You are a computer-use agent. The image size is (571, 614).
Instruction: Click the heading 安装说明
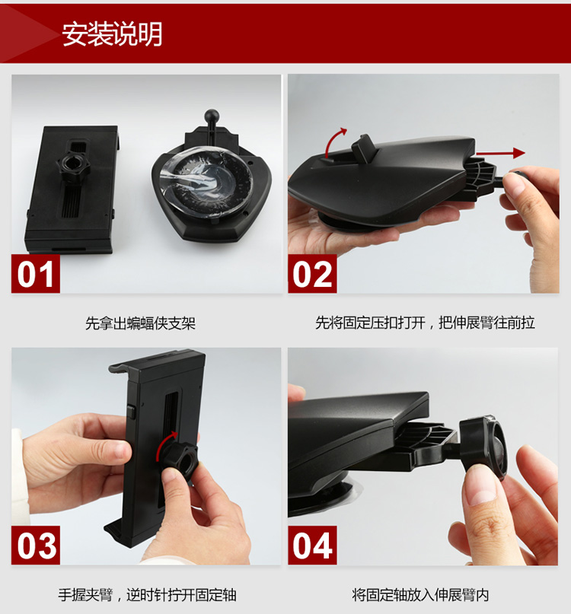click(112, 34)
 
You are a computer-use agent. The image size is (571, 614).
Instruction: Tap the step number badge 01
click(35, 274)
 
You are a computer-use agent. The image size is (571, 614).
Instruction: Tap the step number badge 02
click(312, 274)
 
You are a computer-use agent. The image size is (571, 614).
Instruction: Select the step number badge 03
click(35, 545)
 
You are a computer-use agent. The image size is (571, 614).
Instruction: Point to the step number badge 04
click(312, 545)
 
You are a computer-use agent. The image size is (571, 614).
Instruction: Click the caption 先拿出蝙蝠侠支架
click(140, 323)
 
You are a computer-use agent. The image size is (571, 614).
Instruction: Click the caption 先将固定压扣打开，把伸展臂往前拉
click(426, 323)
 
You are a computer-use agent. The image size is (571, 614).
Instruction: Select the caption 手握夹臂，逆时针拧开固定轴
click(148, 595)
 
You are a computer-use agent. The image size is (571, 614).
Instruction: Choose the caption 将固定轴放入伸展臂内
click(420, 595)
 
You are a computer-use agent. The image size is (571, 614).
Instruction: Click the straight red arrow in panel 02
click(500, 153)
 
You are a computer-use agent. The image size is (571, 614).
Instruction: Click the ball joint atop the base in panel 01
click(212, 116)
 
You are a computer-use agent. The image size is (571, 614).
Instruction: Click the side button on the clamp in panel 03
click(131, 412)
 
